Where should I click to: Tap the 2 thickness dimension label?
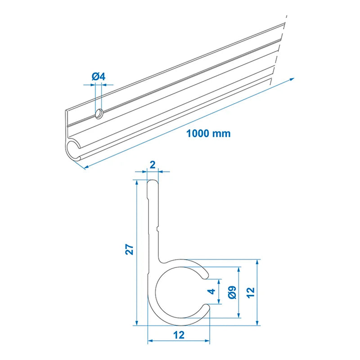tap(153, 165)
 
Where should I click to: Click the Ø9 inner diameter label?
tap(231, 293)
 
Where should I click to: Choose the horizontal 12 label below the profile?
tap(179, 335)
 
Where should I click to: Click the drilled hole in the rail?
tap(99, 114)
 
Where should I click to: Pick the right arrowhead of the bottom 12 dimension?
tap(208, 340)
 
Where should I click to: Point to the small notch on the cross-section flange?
tap(158, 230)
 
